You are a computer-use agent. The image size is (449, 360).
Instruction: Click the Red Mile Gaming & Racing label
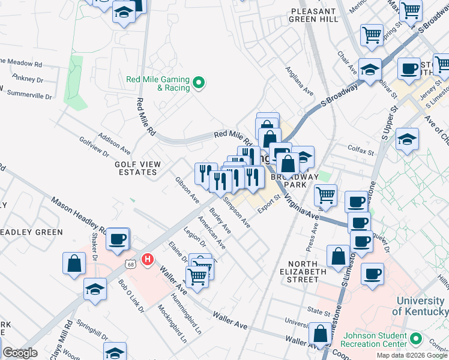[158, 83]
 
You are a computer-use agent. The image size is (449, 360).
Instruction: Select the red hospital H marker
[147, 260]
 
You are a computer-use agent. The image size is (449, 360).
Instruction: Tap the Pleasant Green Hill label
[313, 15]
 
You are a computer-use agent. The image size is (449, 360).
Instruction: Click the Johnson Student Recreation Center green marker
[414, 340]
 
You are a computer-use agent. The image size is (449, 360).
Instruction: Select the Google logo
[19, 353]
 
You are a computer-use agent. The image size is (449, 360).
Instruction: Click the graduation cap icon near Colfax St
[407, 140]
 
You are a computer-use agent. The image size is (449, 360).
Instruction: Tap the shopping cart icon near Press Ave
[325, 194]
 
